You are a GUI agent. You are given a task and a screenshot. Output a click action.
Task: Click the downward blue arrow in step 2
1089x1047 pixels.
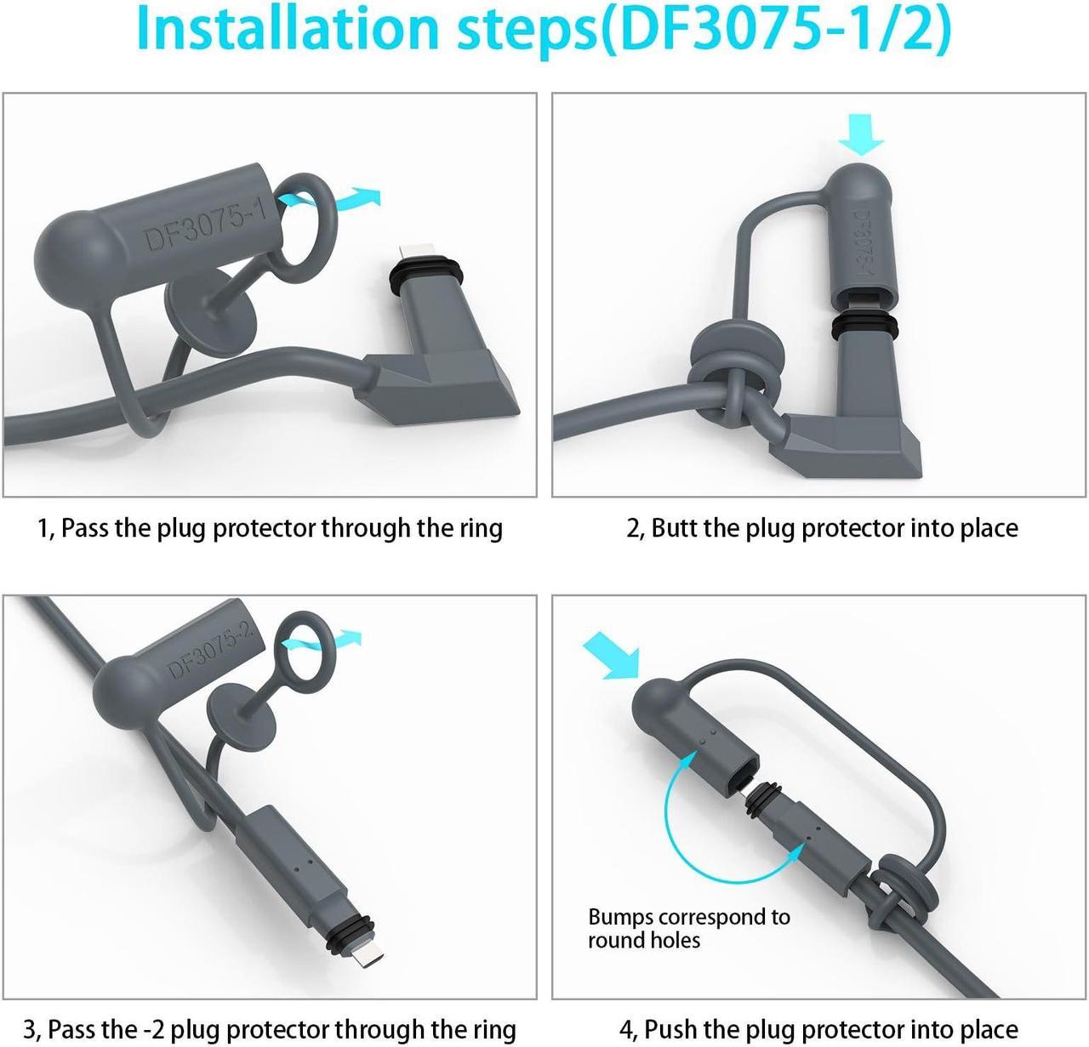point(860,135)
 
